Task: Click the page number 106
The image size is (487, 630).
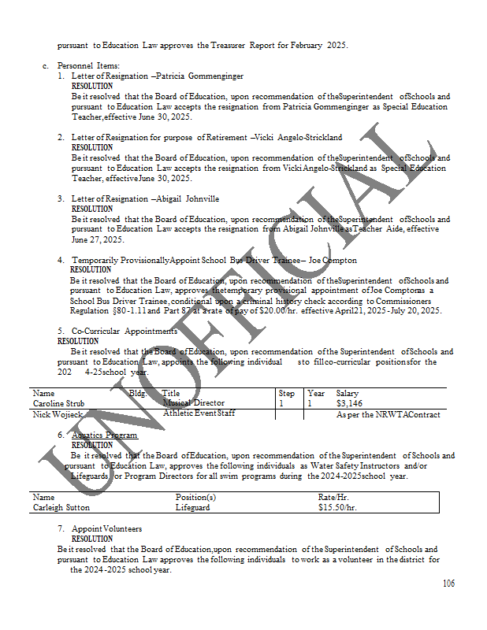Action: coord(448,584)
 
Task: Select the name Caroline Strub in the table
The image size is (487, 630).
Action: coord(58,403)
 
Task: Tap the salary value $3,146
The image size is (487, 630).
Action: coord(348,403)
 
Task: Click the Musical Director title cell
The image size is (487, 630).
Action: coord(193,403)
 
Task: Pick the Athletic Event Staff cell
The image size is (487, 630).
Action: coord(199,413)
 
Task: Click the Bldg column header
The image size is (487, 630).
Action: coord(137,393)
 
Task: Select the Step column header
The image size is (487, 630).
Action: coord(287,393)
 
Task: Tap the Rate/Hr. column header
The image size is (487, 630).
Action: coord(333,498)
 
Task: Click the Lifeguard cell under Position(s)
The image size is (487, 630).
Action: coord(192,508)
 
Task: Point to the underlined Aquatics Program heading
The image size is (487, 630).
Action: coord(104,435)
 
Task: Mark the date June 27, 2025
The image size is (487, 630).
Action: coord(98,239)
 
